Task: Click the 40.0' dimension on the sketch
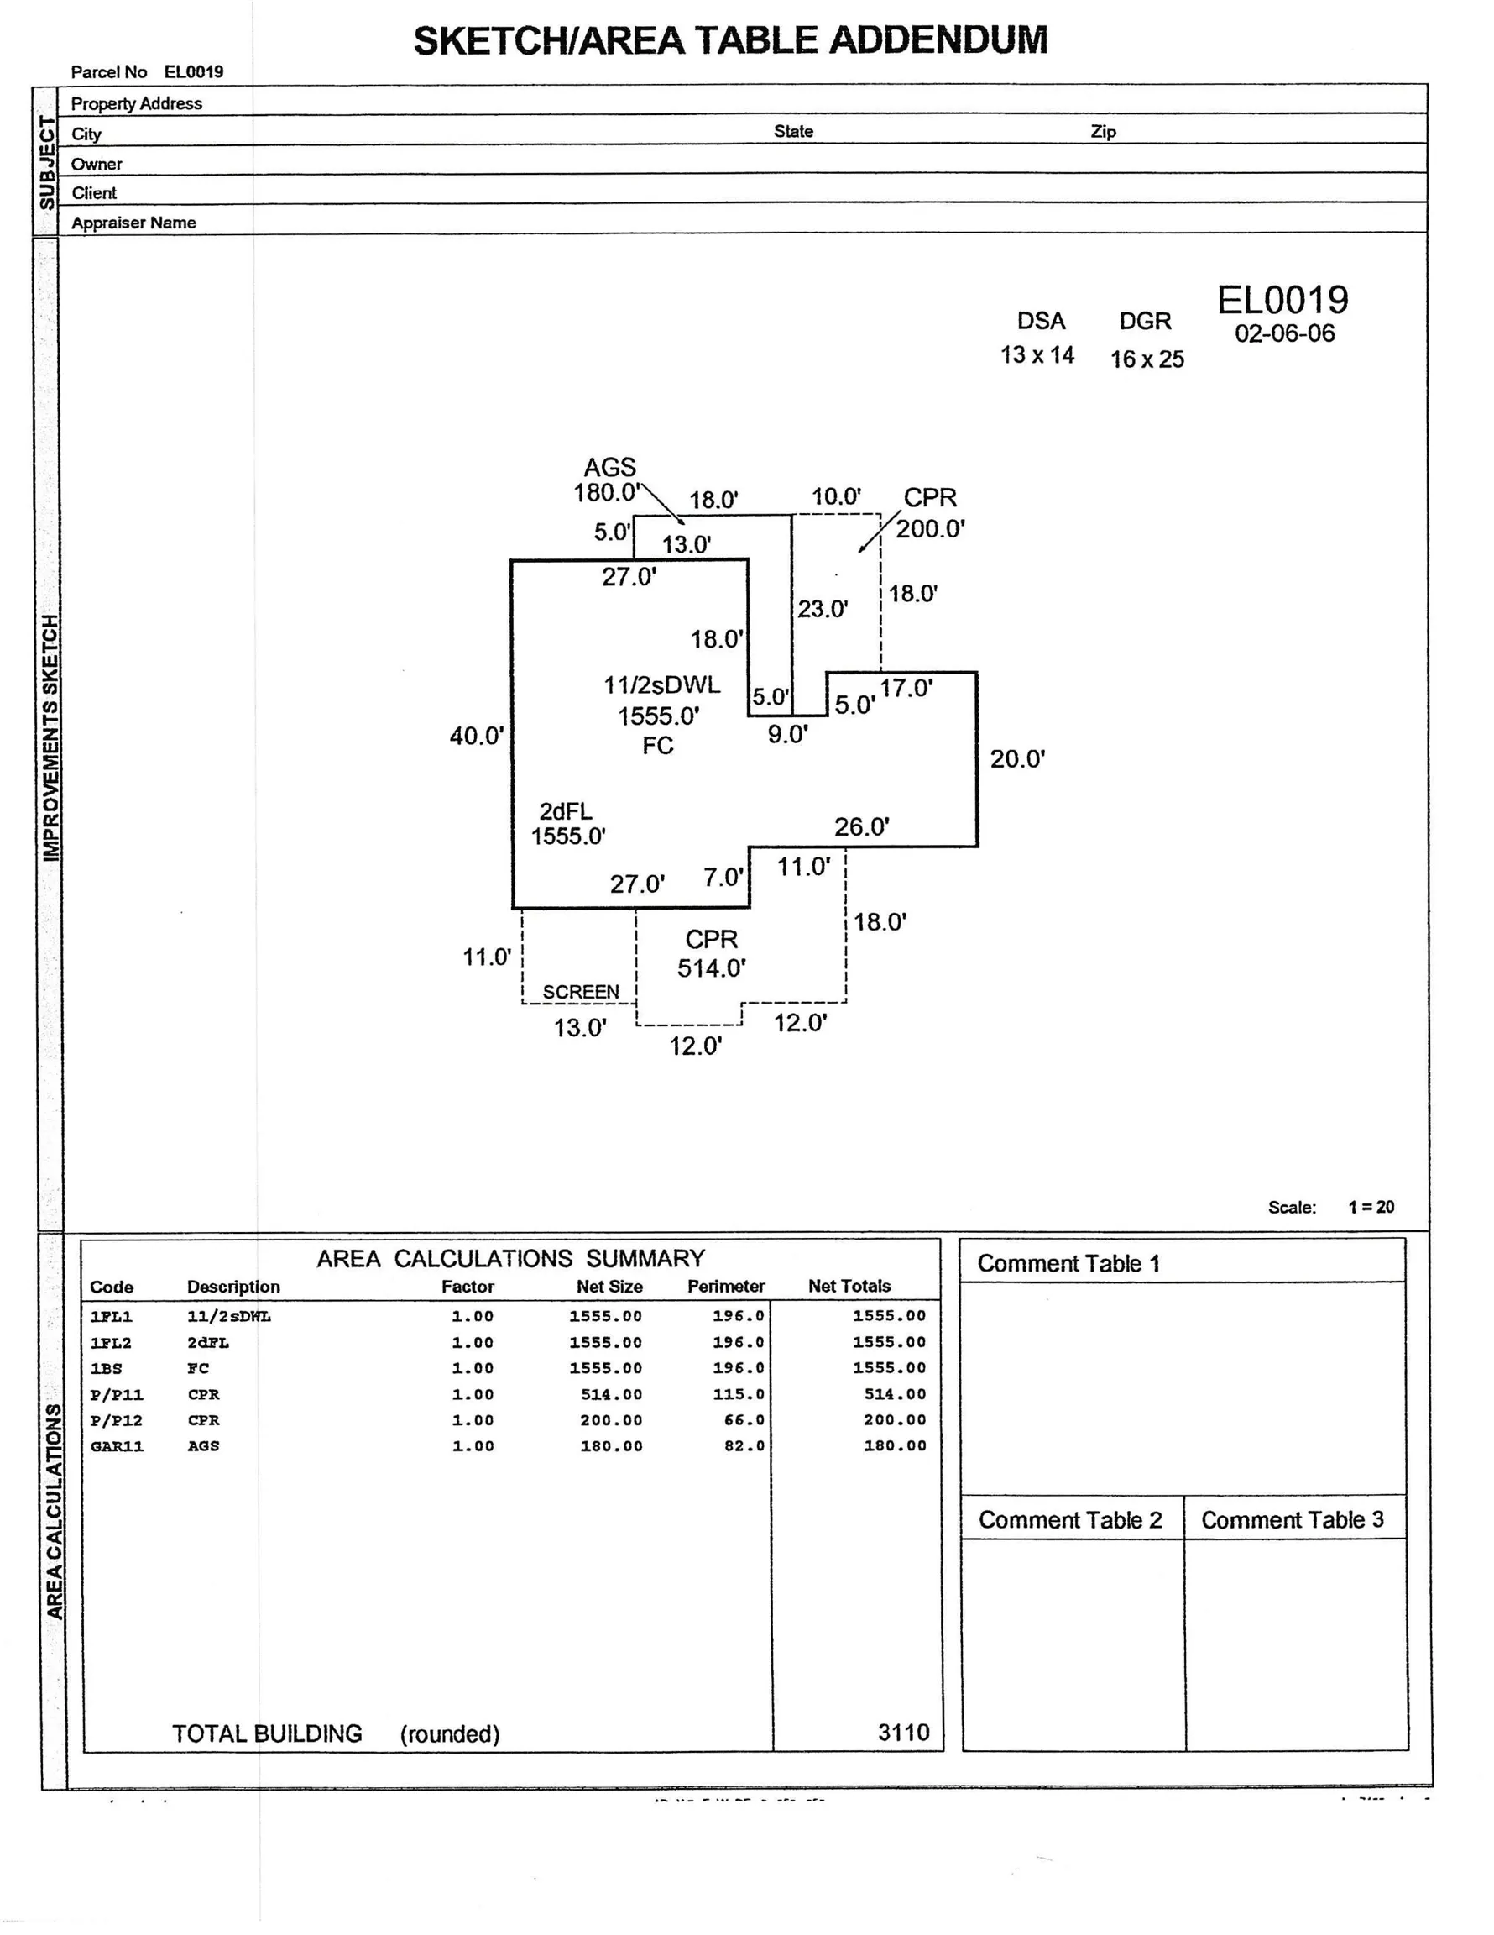coord(477,737)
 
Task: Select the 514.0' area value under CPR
coord(711,968)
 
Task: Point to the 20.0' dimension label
coord(1017,759)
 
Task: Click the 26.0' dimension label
coord(862,826)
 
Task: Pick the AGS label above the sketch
coord(609,467)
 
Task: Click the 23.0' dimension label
coord(822,609)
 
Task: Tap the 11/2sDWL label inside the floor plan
coord(661,684)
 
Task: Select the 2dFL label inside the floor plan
coord(566,810)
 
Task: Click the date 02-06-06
coord(1284,333)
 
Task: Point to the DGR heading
coord(1145,321)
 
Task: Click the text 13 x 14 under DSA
coord(1037,355)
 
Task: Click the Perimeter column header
coord(725,1287)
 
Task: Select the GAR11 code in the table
coord(116,1447)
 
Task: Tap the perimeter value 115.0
coord(739,1394)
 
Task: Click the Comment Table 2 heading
coord(1070,1520)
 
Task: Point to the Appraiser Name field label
coord(133,223)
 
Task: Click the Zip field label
coord(1103,132)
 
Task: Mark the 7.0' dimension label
coord(723,877)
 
